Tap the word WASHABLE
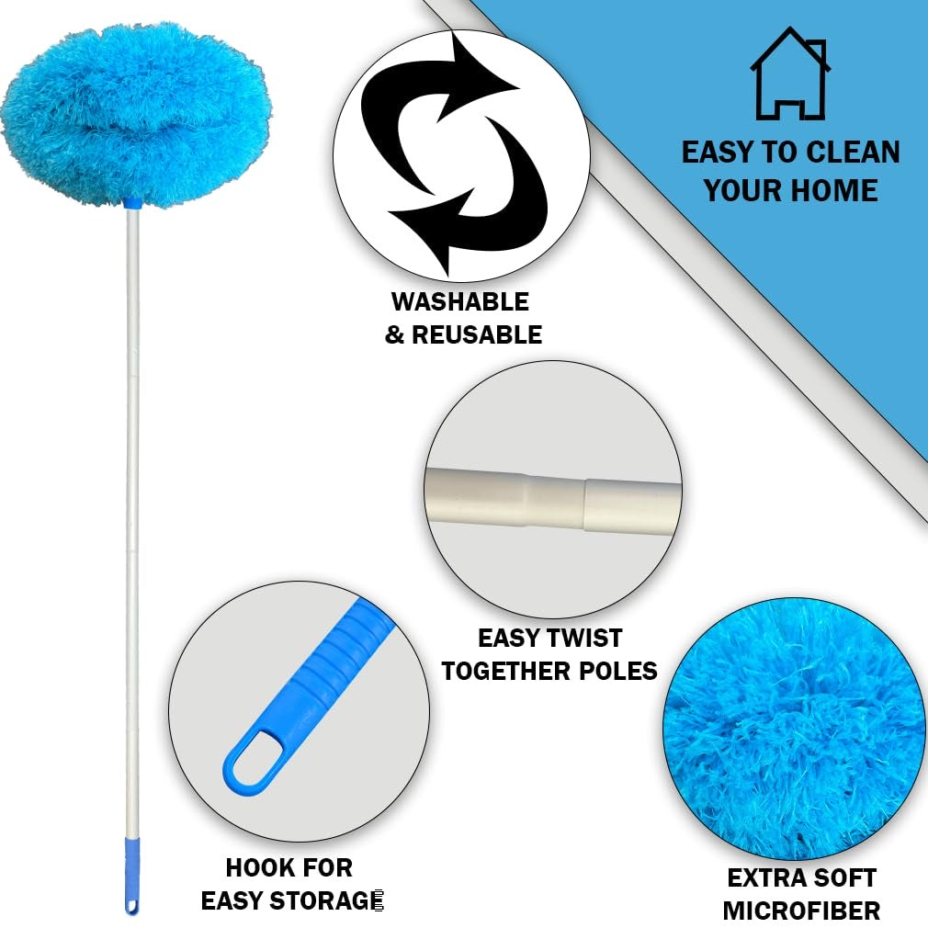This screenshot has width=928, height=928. (459, 301)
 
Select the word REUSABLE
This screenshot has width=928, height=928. (476, 335)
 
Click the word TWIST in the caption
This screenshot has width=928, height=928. (584, 638)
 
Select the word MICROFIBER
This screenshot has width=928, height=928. (801, 911)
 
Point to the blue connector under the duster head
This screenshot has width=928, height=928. (131, 200)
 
